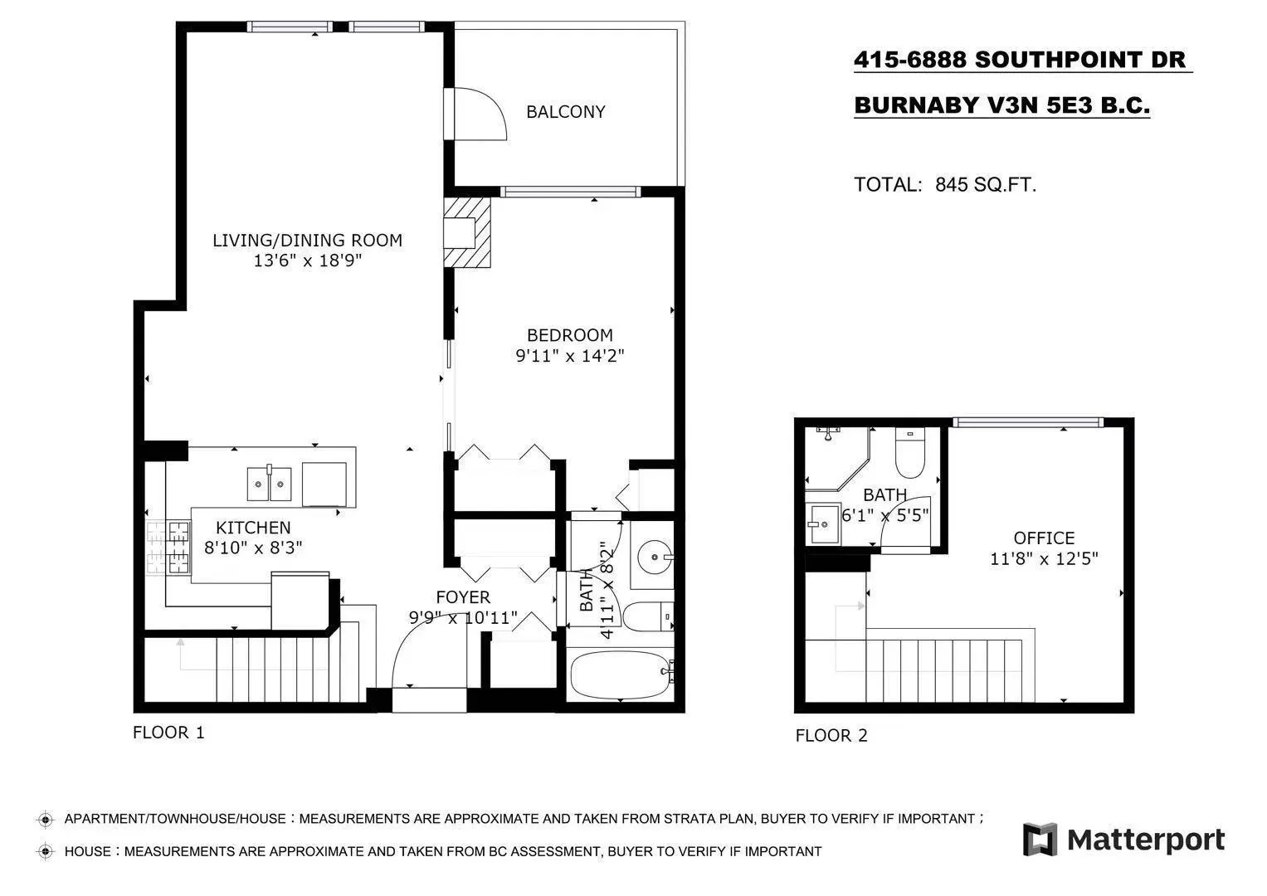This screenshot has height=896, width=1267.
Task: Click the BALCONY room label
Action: pyautogui.click(x=565, y=112)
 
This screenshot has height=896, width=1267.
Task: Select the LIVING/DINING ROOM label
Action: pyautogui.click(x=307, y=241)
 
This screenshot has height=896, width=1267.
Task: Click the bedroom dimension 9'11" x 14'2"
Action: pyautogui.click(x=569, y=356)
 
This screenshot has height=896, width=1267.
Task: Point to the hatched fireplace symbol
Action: pyautogui.click(x=467, y=232)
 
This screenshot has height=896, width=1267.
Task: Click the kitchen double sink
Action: pyautogui.click(x=270, y=485)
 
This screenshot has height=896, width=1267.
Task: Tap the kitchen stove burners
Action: pyautogui.click(x=168, y=548)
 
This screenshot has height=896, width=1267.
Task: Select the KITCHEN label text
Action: pyautogui.click(x=253, y=528)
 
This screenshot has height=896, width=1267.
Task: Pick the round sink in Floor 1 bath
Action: pyautogui.click(x=653, y=555)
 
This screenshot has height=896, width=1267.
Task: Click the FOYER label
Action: pyautogui.click(x=463, y=597)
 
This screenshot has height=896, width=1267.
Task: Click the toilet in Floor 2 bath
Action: pyautogui.click(x=909, y=455)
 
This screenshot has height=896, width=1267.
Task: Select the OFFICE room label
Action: pyautogui.click(x=1044, y=538)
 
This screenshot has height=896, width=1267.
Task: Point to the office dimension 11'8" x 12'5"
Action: pyautogui.click(x=1044, y=559)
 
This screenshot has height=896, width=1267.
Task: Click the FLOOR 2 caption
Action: pyautogui.click(x=831, y=736)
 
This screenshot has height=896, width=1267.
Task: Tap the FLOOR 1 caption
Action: pyautogui.click(x=168, y=733)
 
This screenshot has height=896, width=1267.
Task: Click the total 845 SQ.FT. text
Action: pyautogui.click(x=945, y=185)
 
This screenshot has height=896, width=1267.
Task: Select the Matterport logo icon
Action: pyautogui.click(x=1040, y=840)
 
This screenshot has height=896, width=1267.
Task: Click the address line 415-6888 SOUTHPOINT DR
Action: pyautogui.click(x=1021, y=60)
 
